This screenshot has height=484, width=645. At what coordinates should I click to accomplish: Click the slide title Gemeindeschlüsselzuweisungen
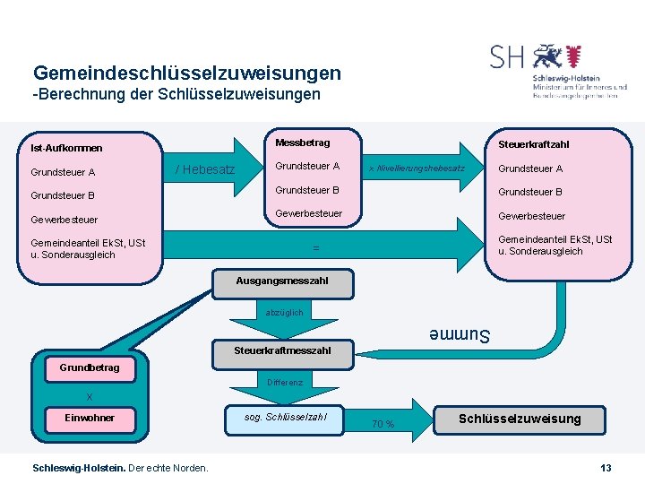point(186,73)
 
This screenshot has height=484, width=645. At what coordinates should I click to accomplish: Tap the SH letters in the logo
point(507,57)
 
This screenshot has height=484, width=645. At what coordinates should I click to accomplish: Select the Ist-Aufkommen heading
point(66,148)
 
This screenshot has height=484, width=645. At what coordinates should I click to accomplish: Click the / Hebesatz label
point(204,169)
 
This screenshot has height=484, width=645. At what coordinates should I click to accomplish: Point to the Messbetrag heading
point(302,143)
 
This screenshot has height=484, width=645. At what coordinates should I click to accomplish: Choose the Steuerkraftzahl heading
point(533,144)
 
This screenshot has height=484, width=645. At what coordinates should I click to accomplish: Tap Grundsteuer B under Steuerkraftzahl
point(530,192)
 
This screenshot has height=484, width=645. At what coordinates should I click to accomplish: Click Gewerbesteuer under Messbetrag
point(308,213)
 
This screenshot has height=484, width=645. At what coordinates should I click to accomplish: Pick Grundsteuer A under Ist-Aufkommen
point(63,172)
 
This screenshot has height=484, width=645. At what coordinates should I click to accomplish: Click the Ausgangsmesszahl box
point(281,281)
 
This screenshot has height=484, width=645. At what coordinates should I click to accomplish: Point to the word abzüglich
point(284,313)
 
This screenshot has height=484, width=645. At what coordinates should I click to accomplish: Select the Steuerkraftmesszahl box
point(281,350)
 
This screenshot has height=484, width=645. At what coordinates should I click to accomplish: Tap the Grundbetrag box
point(90,368)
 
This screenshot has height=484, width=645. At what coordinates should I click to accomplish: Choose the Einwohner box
point(90,418)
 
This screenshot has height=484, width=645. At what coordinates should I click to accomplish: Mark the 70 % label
point(383,424)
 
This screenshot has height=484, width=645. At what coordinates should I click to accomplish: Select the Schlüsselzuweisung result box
point(520,419)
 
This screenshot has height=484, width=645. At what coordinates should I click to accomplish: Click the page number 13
point(606,468)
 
